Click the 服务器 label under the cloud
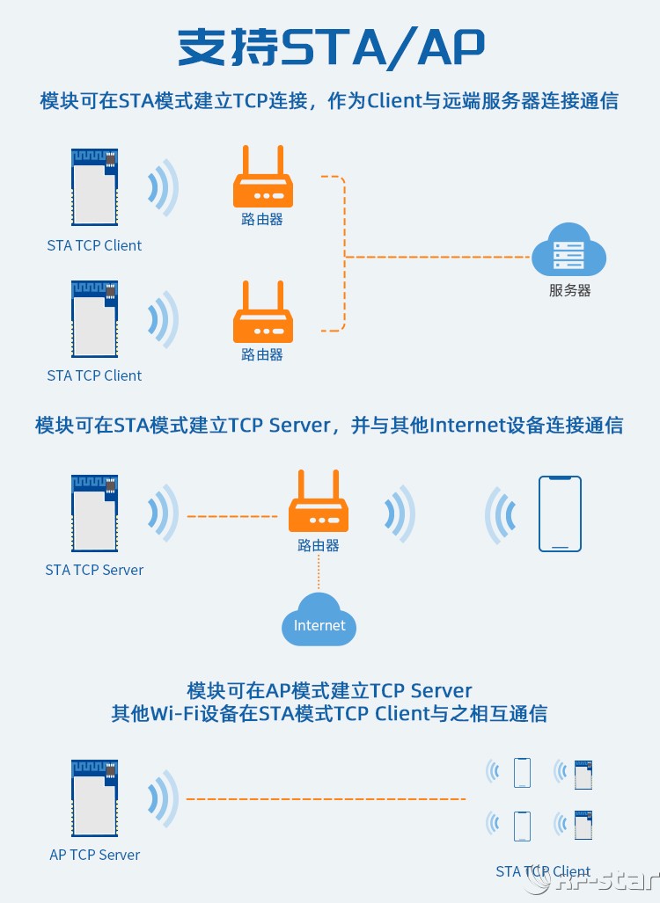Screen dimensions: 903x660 pyautogui.click(x=569, y=290)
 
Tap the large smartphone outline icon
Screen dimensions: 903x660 pyautogui.click(x=560, y=513)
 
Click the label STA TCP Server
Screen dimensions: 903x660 pyautogui.click(x=94, y=570)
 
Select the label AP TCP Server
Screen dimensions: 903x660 pyautogui.click(x=94, y=855)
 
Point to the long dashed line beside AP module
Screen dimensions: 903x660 pyautogui.click(x=326, y=799)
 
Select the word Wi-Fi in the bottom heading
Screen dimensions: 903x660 pyautogui.click(x=162, y=713)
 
